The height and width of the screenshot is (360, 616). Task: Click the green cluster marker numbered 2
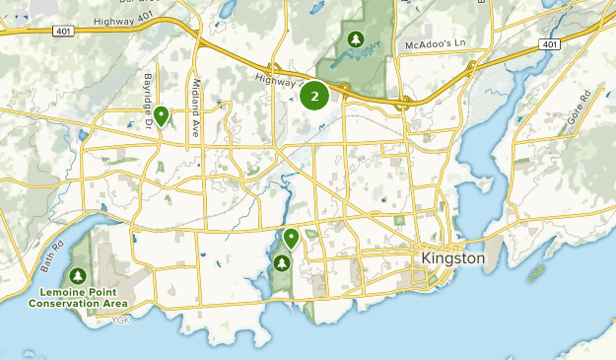[x=314, y=96]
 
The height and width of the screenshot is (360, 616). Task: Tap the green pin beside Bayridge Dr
[x=160, y=117]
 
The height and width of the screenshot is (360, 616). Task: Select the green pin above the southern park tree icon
[x=291, y=239]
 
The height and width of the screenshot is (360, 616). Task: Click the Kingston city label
[x=453, y=258]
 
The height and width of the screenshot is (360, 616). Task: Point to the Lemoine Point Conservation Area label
[x=79, y=298]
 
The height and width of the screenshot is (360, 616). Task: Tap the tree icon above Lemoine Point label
[x=79, y=275]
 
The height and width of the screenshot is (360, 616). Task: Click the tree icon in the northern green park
[x=354, y=39]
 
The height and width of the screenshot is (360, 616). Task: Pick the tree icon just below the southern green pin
[x=282, y=263]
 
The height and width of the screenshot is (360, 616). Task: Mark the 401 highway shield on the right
[x=549, y=43]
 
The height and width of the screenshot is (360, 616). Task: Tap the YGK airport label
[x=120, y=320]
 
